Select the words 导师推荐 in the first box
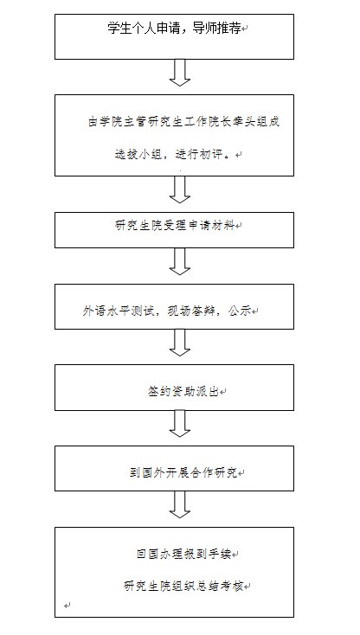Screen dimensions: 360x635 [x=217, y=29]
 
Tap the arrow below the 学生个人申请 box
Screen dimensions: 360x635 [x=179, y=73]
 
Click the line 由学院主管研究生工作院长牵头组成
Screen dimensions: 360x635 [x=183, y=122]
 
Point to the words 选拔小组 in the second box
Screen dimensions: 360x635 [x=134, y=155]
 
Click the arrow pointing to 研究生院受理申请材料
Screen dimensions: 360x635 [x=179, y=189]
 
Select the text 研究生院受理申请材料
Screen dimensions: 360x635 [x=175, y=226]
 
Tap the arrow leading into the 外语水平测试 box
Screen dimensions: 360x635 [x=179, y=261]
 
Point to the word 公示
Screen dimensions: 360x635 [x=240, y=311]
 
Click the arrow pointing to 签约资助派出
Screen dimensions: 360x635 [x=179, y=343]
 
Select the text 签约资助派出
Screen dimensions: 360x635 [x=183, y=392]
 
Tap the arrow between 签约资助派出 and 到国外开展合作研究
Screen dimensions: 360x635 [x=179, y=424]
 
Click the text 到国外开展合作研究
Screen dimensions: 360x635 [x=183, y=473]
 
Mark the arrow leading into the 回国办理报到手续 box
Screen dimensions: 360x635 [x=179, y=504]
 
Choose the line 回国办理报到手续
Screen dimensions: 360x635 [x=183, y=554]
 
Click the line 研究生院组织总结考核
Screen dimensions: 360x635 [x=183, y=586]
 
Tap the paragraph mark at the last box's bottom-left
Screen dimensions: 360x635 [x=67, y=606]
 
